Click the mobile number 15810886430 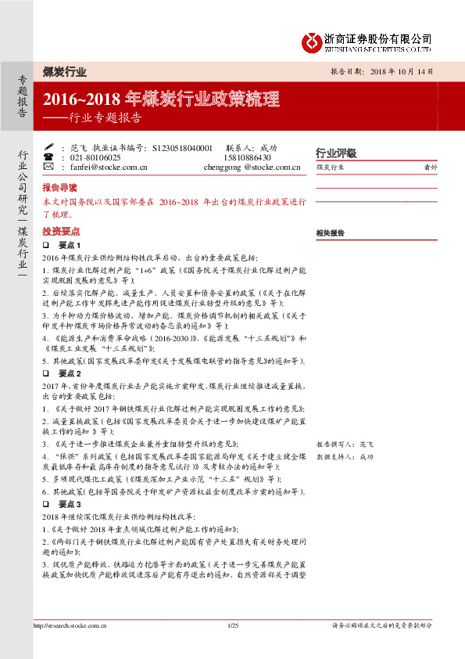(251, 157)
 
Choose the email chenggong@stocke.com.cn (252, 167)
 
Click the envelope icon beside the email (48, 167)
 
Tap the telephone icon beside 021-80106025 (48, 157)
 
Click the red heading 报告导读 (59, 189)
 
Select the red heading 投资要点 (59, 232)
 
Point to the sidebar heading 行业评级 (335, 153)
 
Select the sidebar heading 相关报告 (331, 233)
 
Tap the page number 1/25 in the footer (232, 625)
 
